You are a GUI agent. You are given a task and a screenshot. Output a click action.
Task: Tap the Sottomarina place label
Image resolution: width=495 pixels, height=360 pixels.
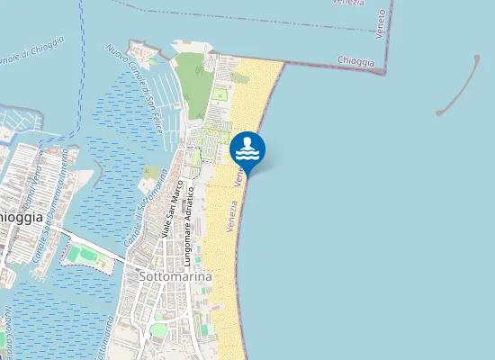[175, 277]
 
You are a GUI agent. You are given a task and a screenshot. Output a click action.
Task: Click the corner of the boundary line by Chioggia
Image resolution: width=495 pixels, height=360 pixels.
[385, 72]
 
